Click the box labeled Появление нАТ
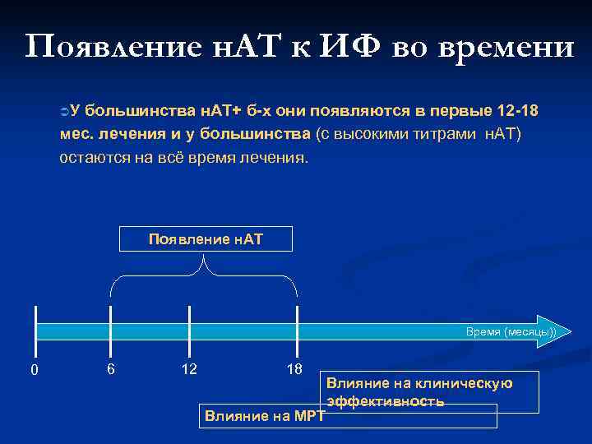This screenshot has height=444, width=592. (x=206, y=239)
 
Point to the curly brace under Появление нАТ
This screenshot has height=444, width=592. (x=204, y=275)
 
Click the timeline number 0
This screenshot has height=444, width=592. (x=34, y=370)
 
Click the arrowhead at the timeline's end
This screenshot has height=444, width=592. (x=548, y=331)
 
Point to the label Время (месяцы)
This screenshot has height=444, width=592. (x=511, y=331)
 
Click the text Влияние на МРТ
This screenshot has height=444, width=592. (x=263, y=416)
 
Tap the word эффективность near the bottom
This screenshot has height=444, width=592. (x=386, y=402)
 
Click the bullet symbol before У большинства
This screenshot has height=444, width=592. (x=64, y=111)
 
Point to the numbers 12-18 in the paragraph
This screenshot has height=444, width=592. (x=519, y=111)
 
